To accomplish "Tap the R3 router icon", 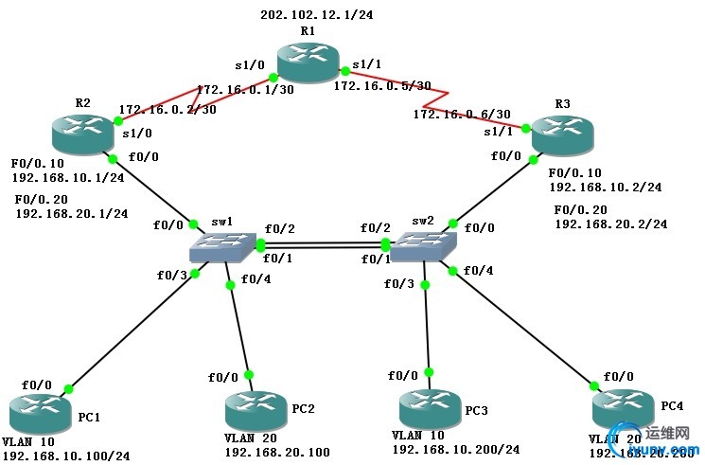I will pyautogui.click(x=562, y=134).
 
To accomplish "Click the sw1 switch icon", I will pyautogui.click(x=223, y=247).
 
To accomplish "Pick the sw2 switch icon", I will pyautogui.click(x=422, y=247).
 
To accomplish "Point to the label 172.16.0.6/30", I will pyautogui.click(x=456, y=115).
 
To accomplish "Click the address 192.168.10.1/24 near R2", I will pyautogui.click(x=69, y=176).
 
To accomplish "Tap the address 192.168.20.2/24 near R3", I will pyautogui.click(x=610, y=224).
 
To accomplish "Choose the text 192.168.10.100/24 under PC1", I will pyautogui.click(x=65, y=456).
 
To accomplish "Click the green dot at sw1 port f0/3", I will pyautogui.click(x=196, y=273).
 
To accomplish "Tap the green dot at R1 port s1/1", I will pyautogui.click(x=344, y=69).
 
